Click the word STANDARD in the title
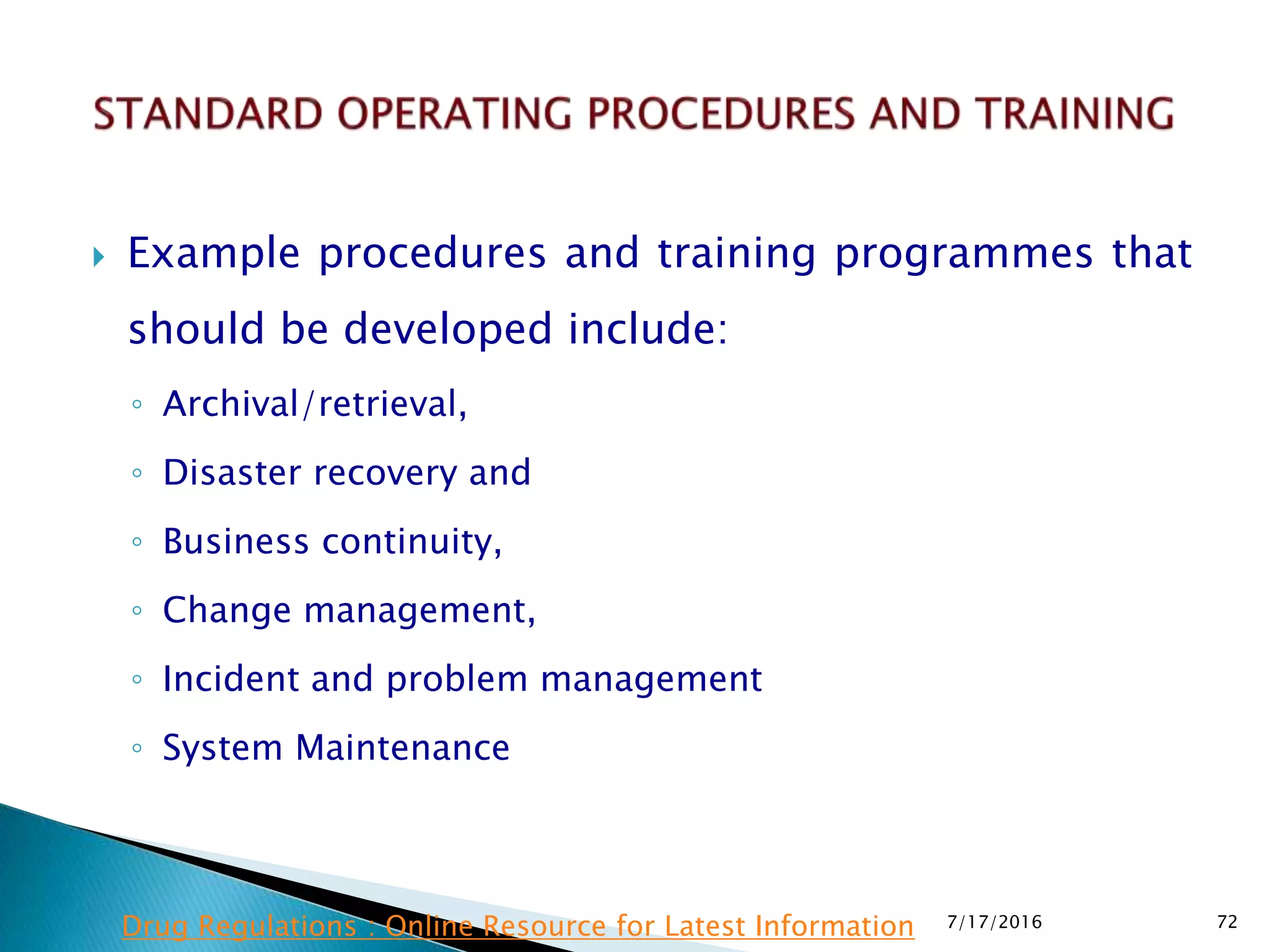(208, 114)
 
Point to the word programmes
(964, 254)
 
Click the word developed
(447, 329)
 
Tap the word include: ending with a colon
(648, 329)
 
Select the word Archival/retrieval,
(314, 404)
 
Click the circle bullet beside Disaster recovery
(137, 474)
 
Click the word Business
(235, 542)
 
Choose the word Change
(227, 611)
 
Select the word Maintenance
(402, 748)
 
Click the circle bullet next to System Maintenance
(137, 748)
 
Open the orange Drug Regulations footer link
(518, 927)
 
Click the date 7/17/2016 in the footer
(995, 922)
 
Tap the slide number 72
(1227, 922)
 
